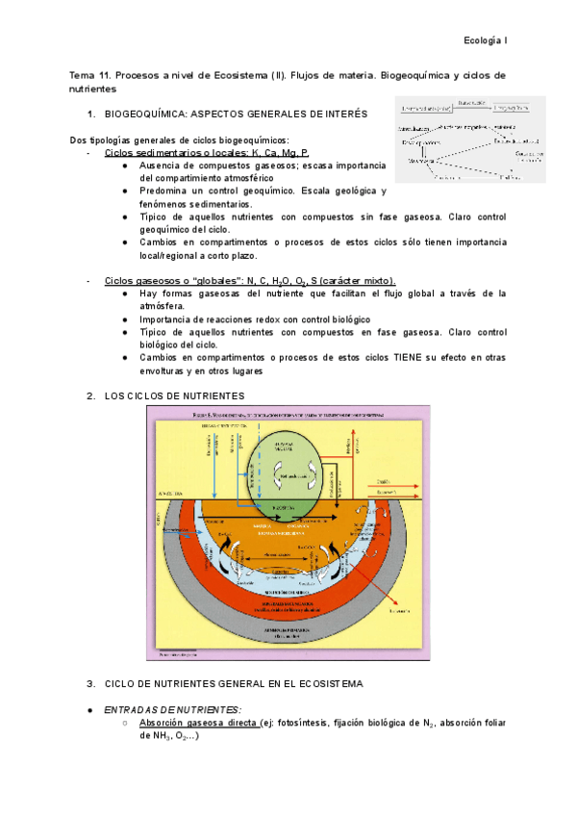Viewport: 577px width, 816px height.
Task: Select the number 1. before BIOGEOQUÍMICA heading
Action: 90,114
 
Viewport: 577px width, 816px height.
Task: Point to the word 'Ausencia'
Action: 162,166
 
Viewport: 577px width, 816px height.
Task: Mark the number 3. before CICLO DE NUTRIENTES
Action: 90,684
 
